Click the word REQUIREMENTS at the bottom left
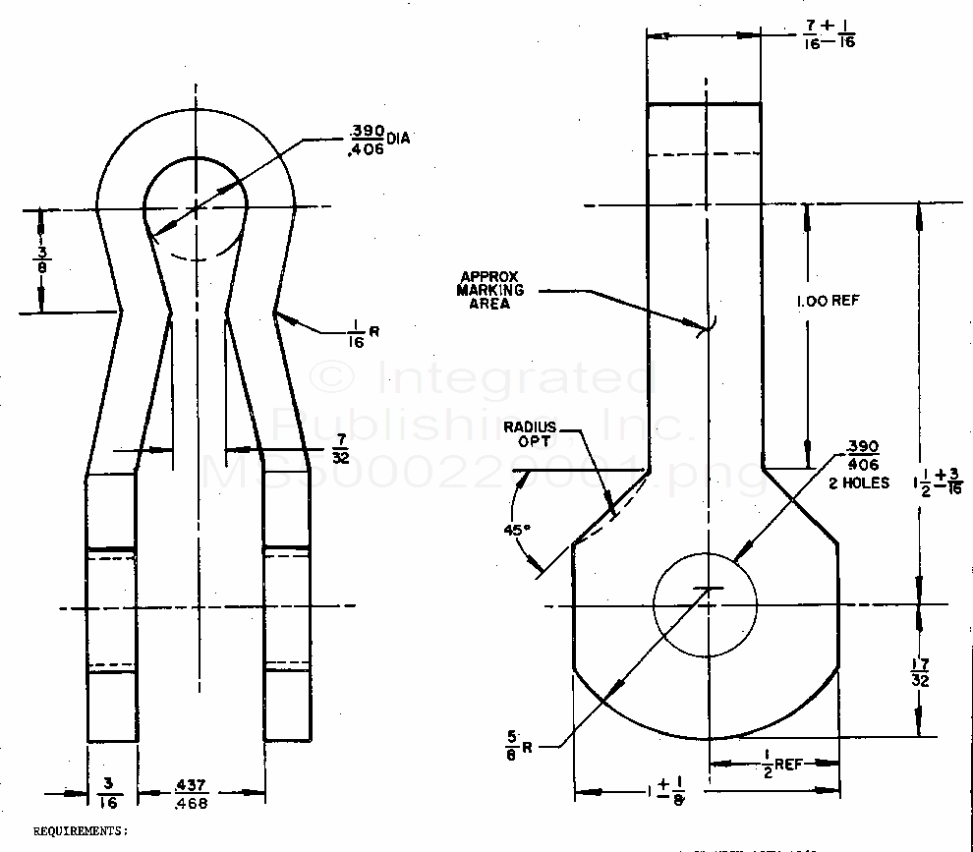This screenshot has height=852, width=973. (81, 830)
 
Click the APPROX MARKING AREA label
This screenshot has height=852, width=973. (490, 290)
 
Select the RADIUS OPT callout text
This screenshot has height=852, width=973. (531, 433)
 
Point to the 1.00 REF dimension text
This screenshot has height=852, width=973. (828, 300)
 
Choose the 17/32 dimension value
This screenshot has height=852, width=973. (921, 672)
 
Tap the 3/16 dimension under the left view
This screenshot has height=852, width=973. (112, 792)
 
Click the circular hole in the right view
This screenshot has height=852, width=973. (705, 605)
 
